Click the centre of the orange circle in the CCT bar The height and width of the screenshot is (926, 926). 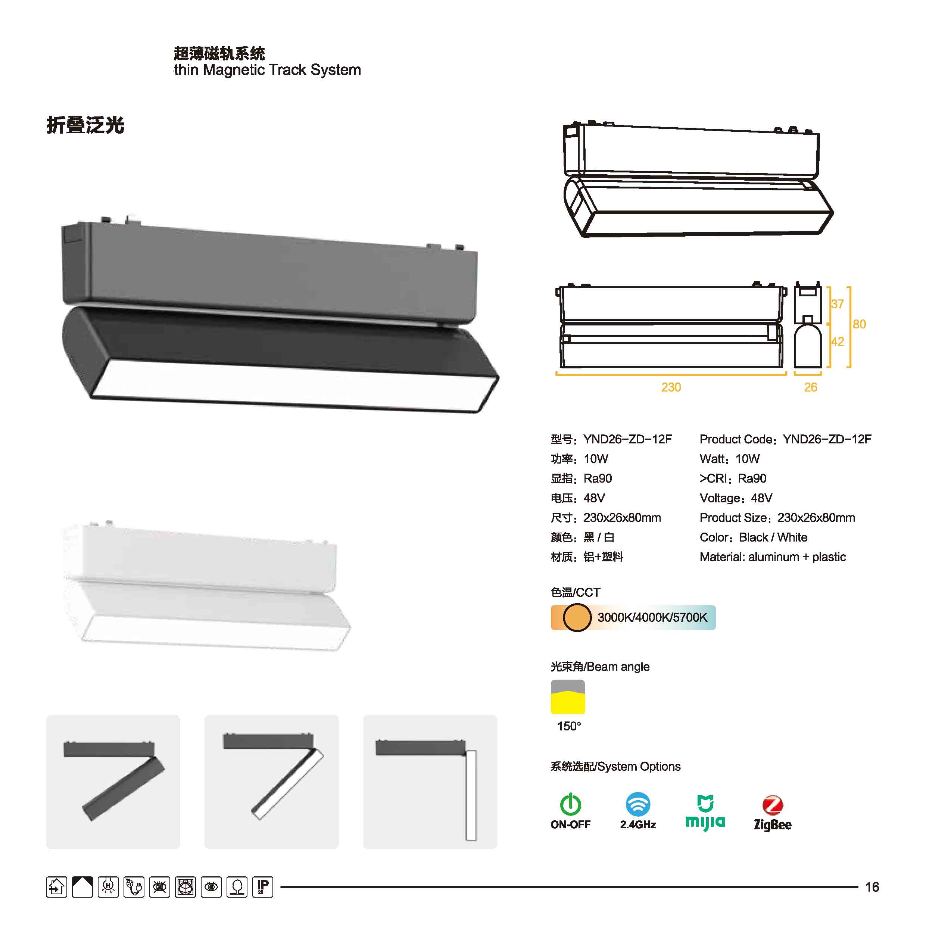577,617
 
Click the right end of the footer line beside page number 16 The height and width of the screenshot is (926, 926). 857,887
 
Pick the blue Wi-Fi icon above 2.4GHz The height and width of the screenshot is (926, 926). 638,804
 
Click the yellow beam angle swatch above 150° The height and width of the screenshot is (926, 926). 568,697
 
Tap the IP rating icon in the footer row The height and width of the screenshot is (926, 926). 263,887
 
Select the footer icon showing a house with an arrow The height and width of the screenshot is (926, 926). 57,887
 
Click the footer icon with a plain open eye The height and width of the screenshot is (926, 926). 211,887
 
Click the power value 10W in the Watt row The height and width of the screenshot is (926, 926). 747,459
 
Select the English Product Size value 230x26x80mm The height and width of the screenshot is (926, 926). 816,518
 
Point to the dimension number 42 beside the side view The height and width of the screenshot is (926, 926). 837,342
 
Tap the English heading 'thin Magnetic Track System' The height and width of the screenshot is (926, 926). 268,70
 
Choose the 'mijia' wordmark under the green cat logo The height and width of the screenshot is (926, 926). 705,823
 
